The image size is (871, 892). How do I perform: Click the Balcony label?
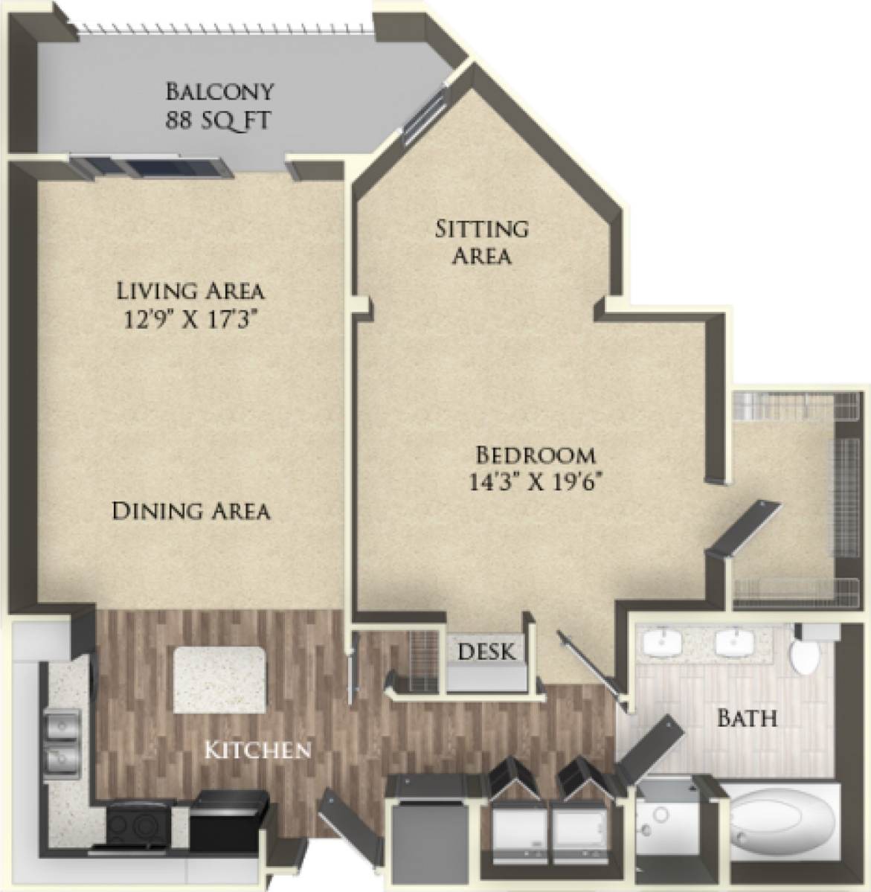(219, 92)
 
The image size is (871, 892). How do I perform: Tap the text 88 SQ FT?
(219, 119)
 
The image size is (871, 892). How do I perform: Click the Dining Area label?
(190, 511)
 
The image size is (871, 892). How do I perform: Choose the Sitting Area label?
(481, 241)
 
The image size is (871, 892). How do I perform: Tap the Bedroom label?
(535, 453)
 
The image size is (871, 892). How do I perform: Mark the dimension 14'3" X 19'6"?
(535, 481)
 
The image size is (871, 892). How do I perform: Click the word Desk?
(486, 652)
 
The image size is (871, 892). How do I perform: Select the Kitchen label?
(257, 748)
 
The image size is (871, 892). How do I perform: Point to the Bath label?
(747, 718)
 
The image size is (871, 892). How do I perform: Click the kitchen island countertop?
(219, 679)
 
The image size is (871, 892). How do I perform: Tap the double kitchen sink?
(62, 739)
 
